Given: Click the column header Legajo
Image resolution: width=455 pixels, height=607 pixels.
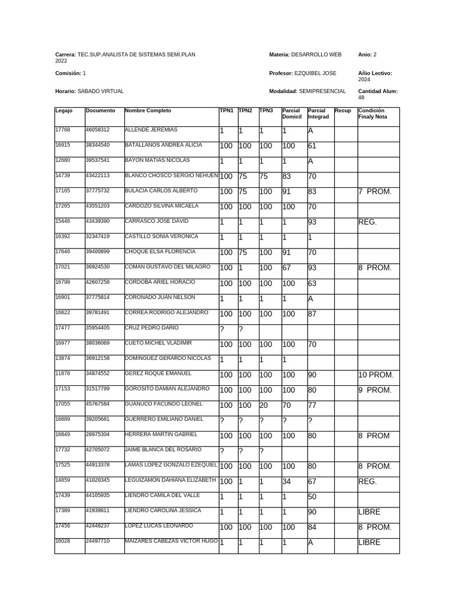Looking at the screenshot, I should [x=63, y=111].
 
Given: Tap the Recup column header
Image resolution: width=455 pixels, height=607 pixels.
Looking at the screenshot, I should [x=342, y=111].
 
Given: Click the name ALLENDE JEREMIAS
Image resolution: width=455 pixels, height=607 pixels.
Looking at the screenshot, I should [x=150, y=130].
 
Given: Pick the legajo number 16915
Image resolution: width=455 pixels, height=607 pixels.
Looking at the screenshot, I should [x=62, y=145].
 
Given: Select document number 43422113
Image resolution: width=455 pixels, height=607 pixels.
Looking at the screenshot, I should [x=97, y=175].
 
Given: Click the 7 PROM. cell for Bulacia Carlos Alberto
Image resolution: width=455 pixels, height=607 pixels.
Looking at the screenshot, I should [x=375, y=191].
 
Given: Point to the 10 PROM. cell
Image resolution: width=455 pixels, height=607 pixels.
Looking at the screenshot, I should [x=376, y=375].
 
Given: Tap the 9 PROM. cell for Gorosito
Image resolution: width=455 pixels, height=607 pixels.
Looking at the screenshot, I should [x=375, y=390].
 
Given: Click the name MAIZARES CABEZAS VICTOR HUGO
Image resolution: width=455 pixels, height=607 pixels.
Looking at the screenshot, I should [x=171, y=541].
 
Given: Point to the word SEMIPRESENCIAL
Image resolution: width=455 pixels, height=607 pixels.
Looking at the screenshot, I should [x=322, y=91].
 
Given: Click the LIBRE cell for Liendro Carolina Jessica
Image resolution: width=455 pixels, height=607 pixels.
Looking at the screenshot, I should [x=369, y=512].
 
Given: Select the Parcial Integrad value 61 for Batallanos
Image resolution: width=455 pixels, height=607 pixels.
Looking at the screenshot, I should [x=312, y=146].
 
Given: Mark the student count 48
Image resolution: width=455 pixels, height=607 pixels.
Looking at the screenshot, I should [x=361, y=98].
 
